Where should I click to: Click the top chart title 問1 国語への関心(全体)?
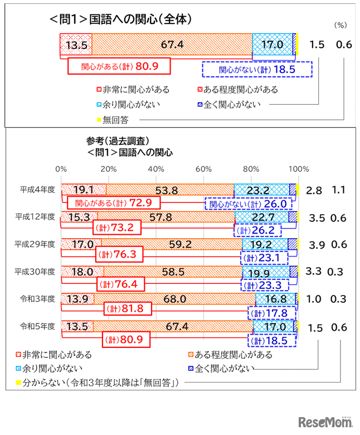click(120, 20)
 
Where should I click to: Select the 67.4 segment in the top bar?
click(172, 45)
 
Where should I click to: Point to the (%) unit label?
click(340, 25)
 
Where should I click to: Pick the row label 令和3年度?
click(37, 298)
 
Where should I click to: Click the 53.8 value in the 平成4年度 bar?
click(167, 190)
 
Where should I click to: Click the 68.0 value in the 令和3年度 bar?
click(175, 299)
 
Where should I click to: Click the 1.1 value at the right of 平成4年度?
click(338, 190)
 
